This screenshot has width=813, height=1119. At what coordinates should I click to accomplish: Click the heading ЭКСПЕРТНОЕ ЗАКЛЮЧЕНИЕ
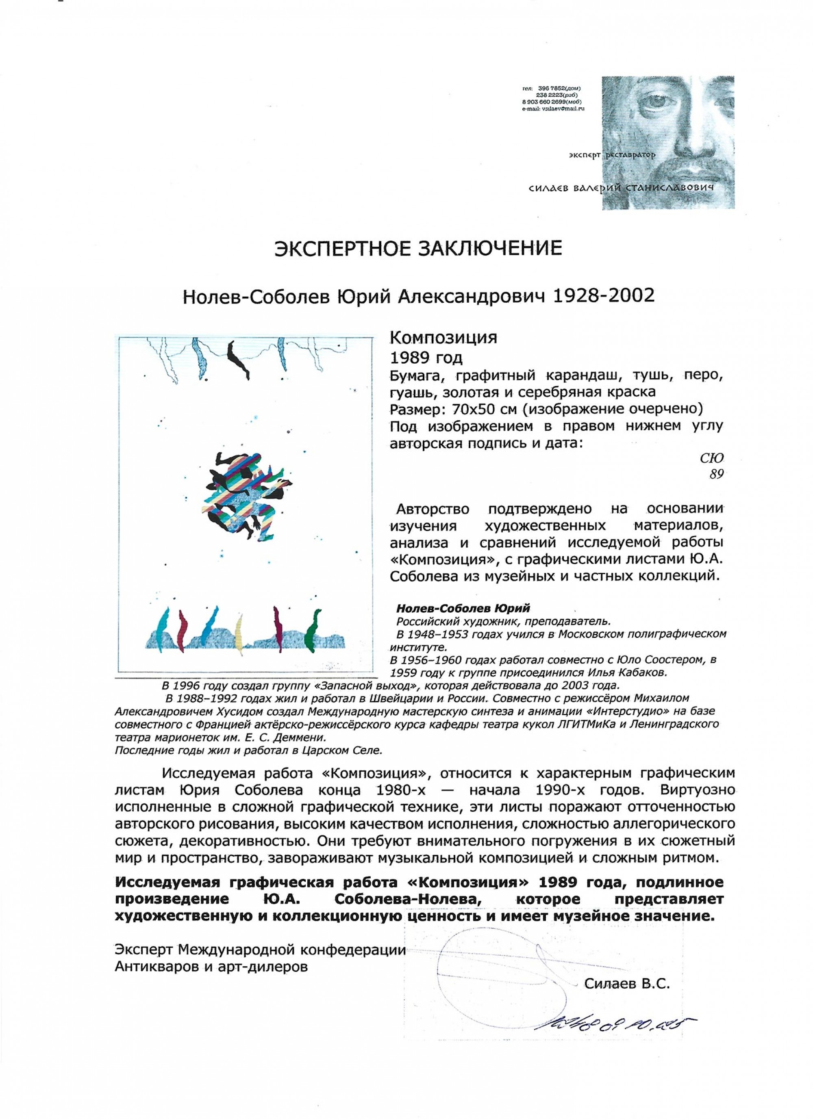pos(418,248)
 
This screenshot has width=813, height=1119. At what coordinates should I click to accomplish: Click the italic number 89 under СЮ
pos(716,474)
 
